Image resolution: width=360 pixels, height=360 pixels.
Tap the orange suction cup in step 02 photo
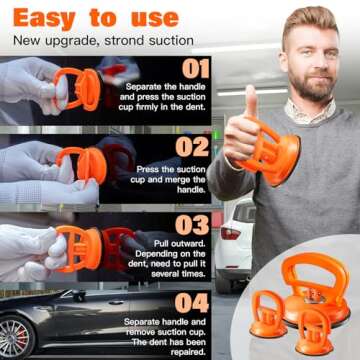click(80, 163)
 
